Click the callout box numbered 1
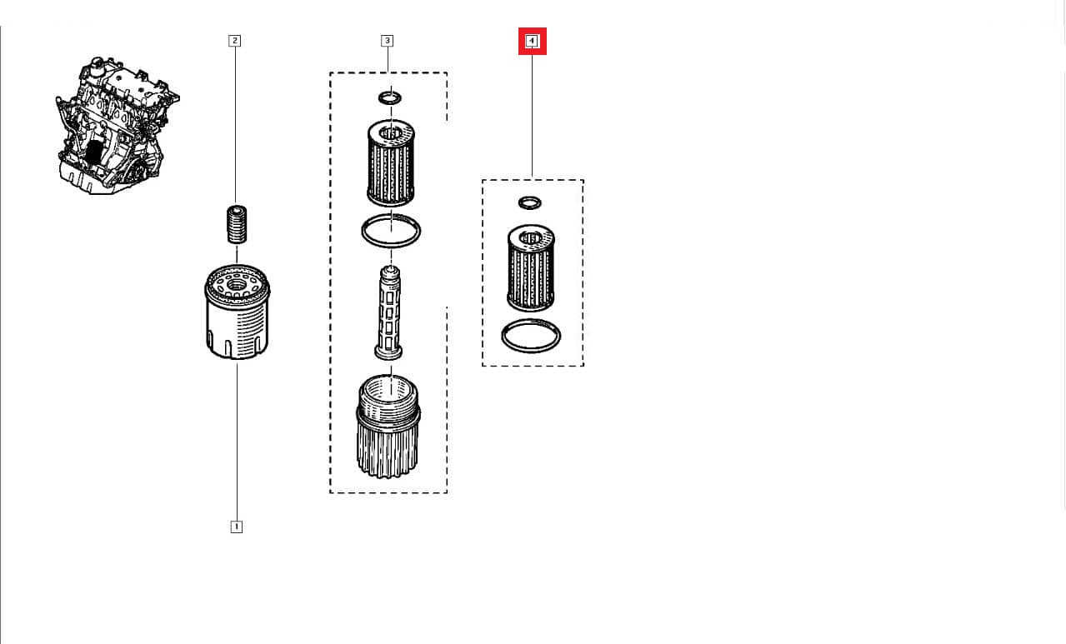click(x=236, y=527)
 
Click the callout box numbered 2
click(x=235, y=40)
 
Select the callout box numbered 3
click(x=387, y=40)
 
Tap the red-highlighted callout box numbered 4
click(x=532, y=40)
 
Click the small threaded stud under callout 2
click(x=237, y=222)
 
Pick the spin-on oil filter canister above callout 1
click(x=237, y=313)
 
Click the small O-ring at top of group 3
click(x=389, y=98)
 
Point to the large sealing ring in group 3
click(x=390, y=230)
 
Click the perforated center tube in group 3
click(x=389, y=313)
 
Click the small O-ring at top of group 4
click(x=529, y=202)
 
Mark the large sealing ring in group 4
click(x=531, y=336)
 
